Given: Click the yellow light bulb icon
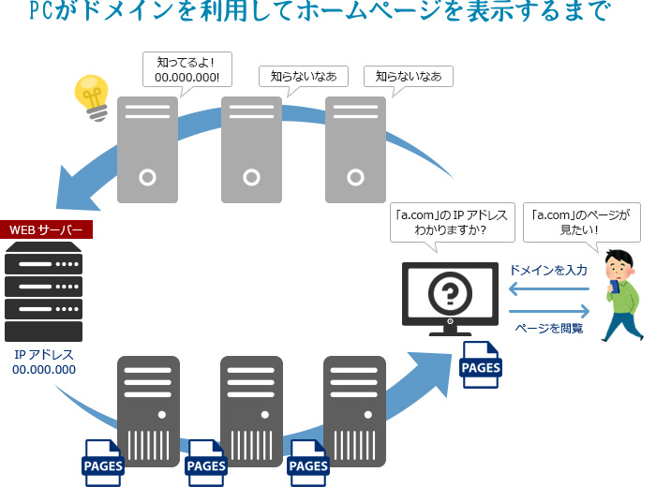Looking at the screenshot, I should (x=93, y=96).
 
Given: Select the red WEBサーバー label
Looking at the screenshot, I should (x=46, y=229).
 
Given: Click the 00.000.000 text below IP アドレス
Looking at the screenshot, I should (x=44, y=370).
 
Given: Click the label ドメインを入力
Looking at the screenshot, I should (x=548, y=270).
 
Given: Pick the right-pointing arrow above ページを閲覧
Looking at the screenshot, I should (x=549, y=311).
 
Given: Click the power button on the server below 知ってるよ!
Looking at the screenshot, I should (x=147, y=175).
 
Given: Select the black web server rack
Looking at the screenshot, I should (x=44, y=291).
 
